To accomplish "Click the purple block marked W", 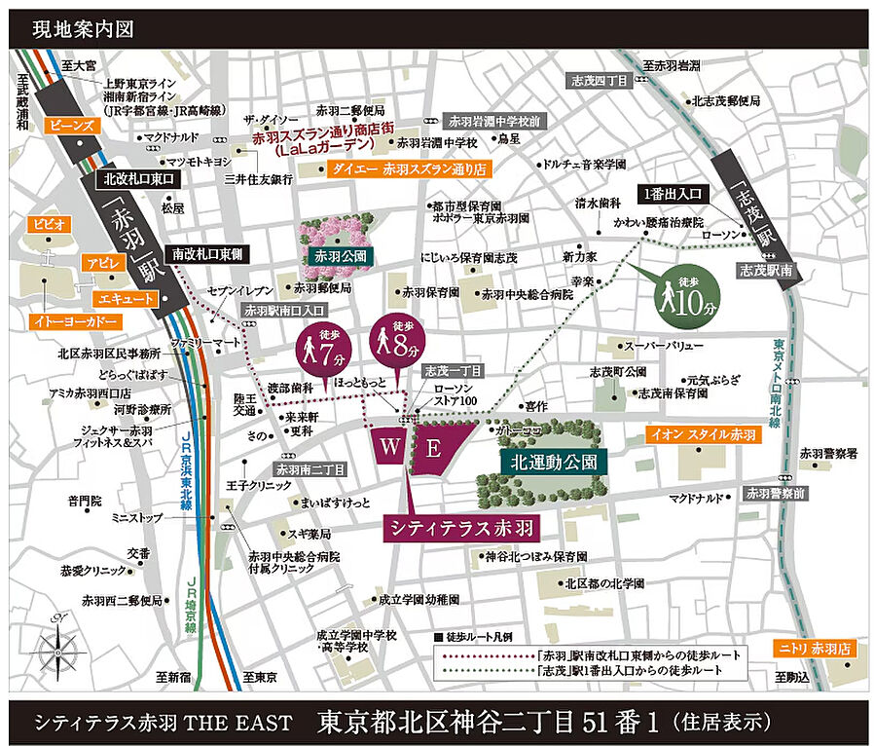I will coord(389,448).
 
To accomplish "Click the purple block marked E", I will coord(434,448).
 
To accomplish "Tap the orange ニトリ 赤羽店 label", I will coord(813,648).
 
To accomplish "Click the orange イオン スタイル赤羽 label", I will coord(701,435).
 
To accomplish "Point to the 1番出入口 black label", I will coord(673,193).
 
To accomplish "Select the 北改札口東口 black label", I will coord(135,180).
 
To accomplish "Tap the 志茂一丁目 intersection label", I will coord(449,371).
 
